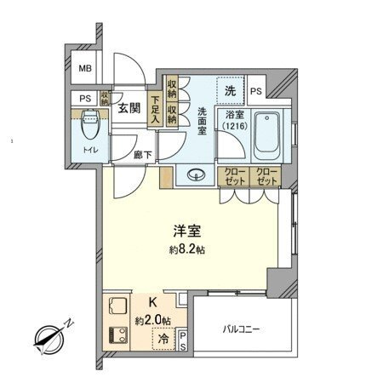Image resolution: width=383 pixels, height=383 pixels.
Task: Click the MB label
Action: point(87,69)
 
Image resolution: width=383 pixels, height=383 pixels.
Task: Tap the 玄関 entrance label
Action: point(129,108)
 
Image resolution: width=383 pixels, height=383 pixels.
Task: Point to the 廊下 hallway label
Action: point(143,155)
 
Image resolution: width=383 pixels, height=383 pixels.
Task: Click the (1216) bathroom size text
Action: point(232,127)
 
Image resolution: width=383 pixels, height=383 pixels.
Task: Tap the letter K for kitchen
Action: point(153,301)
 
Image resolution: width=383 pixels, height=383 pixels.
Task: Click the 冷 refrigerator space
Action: point(163,340)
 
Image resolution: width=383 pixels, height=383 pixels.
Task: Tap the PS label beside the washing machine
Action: point(256,90)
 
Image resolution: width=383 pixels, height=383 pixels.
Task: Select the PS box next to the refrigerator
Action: point(184,340)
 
